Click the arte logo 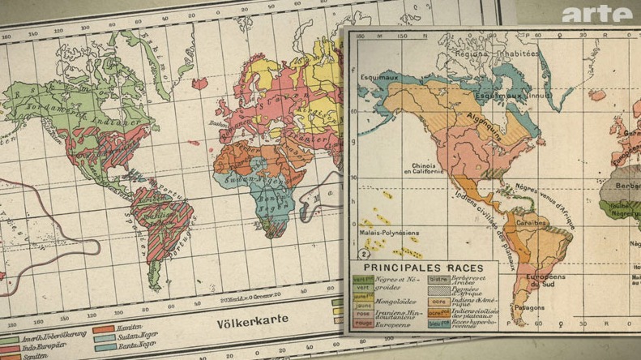pyautogui.click(x=596, y=14)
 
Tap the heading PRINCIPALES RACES pyautogui.click(x=423, y=268)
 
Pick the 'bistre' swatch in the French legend pyautogui.click(x=438, y=280)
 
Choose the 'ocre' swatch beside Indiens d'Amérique pyautogui.click(x=438, y=302)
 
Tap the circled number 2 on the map pyautogui.click(x=354, y=254)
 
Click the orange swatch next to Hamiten pyautogui.click(x=104, y=329)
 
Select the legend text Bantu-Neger pyautogui.click(x=139, y=347)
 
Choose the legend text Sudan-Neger pyautogui.click(x=139, y=338)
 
